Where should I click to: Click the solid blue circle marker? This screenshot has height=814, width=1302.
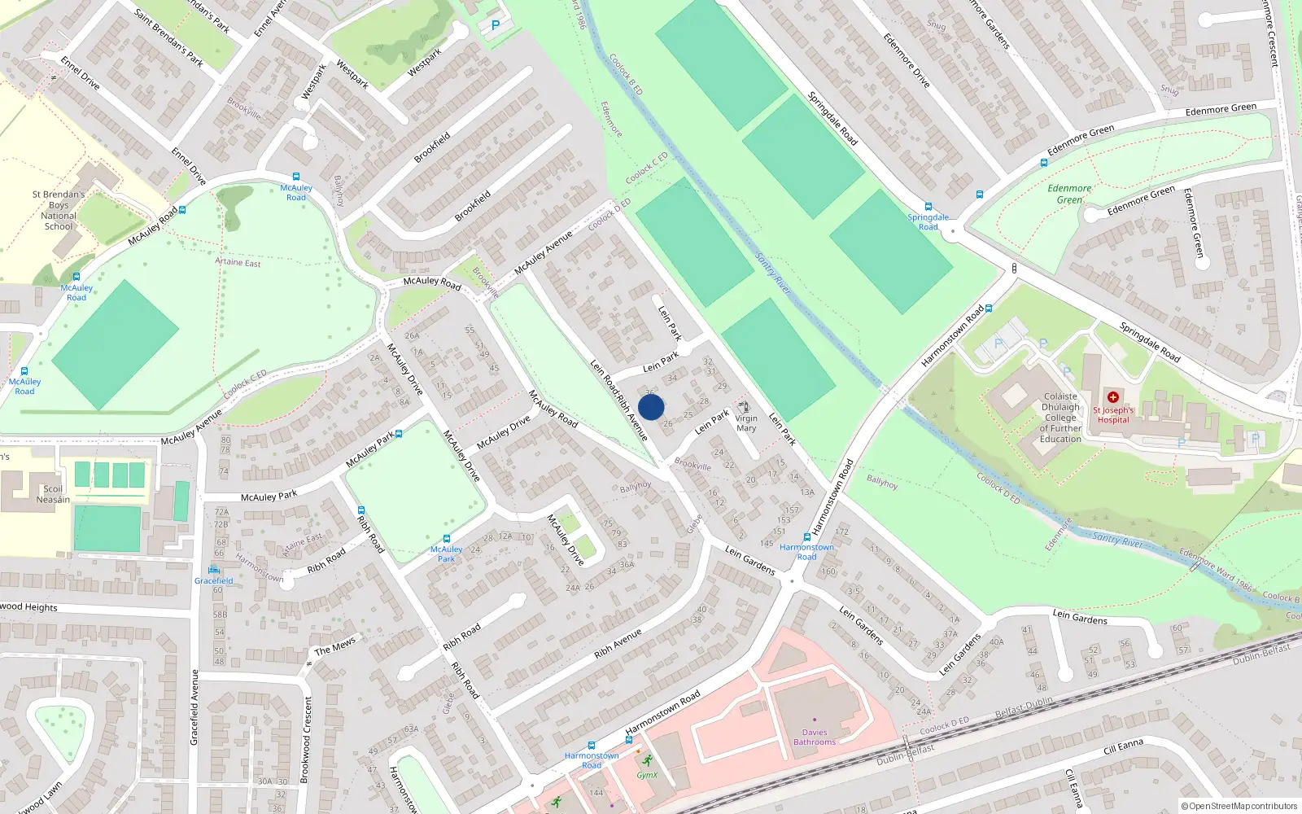click(x=651, y=407)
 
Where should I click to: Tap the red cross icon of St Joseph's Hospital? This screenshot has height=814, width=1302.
click(x=1112, y=397)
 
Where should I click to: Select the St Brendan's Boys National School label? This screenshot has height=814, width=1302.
click(x=59, y=211)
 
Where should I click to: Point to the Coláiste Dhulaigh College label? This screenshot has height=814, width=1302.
click(x=1060, y=418)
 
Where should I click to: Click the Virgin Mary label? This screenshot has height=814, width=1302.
click(x=746, y=423)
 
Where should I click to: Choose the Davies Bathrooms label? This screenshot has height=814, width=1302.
click(x=815, y=737)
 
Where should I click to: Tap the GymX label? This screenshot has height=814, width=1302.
click(x=647, y=775)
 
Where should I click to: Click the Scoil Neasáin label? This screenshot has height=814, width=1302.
click(x=53, y=494)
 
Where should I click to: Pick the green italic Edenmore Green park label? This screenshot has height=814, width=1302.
click(x=1069, y=194)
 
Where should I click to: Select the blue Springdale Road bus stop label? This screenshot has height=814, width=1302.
click(x=928, y=221)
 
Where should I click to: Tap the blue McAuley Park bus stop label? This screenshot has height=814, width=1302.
click(x=446, y=554)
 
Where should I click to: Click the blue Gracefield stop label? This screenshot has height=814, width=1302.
click(x=214, y=580)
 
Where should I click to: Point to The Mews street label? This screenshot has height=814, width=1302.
click(x=335, y=646)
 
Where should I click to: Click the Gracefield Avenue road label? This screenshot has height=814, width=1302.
click(x=194, y=707)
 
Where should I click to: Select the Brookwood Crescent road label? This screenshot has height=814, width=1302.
click(x=307, y=739)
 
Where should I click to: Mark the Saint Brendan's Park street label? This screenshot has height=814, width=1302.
click(x=169, y=38)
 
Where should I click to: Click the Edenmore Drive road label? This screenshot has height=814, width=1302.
click(x=907, y=61)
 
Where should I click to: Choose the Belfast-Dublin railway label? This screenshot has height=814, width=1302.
click(x=1024, y=707)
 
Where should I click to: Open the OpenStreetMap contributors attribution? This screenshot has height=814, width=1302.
click(x=1239, y=806)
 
